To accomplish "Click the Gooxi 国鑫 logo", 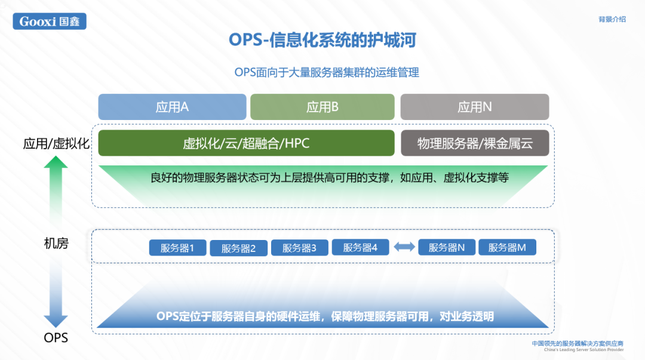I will pyautogui.click(x=50, y=21).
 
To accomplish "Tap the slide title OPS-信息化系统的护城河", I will pyautogui.click(x=322, y=40).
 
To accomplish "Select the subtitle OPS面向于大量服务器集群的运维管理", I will pyautogui.click(x=327, y=73).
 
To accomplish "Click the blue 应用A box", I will pyautogui.click(x=172, y=107).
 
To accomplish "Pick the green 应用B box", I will pyautogui.click(x=322, y=107).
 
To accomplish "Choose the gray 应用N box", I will pyautogui.click(x=474, y=107).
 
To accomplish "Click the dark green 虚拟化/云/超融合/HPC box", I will pyautogui.click(x=246, y=143).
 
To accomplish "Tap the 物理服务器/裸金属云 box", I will pyautogui.click(x=474, y=143).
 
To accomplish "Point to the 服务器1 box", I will pyautogui.click(x=177, y=248).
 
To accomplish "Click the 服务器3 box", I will pyautogui.click(x=299, y=248).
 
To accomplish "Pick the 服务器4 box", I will pyautogui.click(x=360, y=247).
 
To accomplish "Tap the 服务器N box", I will pyautogui.click(x=447, y=247).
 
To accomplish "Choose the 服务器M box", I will pyautogui.click(x=507, y=247).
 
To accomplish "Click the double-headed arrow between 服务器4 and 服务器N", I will pyautogui.click(x=404, y=247).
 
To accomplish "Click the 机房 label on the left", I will pyautogui.click(x=56, y=244).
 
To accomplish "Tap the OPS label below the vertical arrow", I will pyautogui.click(x=56, y=338).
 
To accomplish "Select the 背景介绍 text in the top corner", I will pyautogui.click(x=612, y=19).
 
